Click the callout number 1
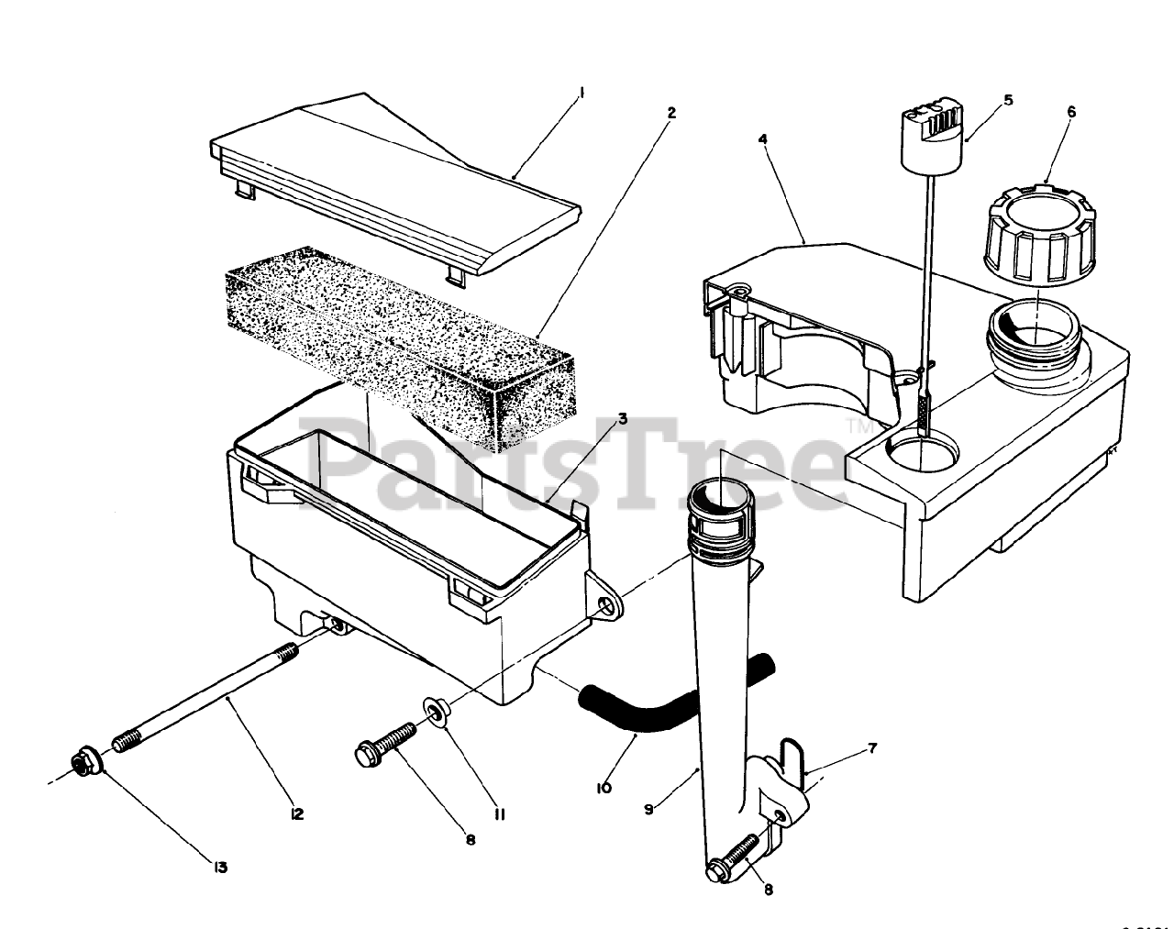click(x=581, y=92)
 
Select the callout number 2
click(x=671, y=113)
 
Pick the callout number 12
click(x=296, y=813)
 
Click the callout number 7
click(x=871, y=748)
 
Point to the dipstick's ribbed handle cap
click(x=936, y=133)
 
